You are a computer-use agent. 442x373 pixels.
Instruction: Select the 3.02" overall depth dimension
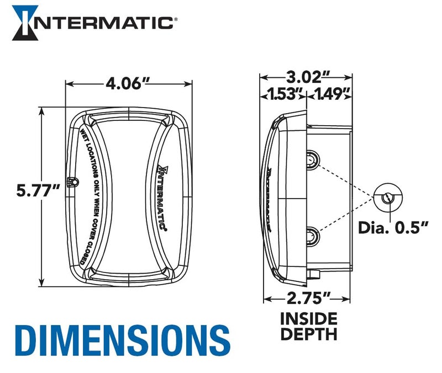pyautogui.click(x=307, y=75)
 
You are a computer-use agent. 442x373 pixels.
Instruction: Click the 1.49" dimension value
pyautogui.click(x=332, y=93)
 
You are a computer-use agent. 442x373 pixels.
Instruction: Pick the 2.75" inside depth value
pyautogui.click(x=307, y=299)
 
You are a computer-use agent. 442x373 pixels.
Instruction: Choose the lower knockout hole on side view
pyautogui.click(x=312, y=237)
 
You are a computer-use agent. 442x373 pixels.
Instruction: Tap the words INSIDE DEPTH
pyautogui.click(x=309, y=326)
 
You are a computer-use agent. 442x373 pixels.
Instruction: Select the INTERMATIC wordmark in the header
pyautogui.click(x=103, y=23)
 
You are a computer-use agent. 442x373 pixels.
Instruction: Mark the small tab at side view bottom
pyautogui.click(x=314, y=271)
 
